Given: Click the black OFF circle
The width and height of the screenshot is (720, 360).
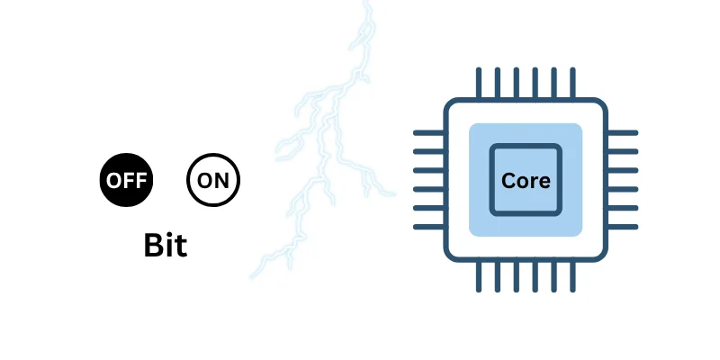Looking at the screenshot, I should click(x=126, y=180).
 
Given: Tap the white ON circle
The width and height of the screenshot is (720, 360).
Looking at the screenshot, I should click(x=213, y=180).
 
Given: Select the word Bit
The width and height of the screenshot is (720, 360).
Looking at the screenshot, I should click(x=166, y=246).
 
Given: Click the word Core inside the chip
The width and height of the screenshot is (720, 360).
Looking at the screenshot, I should click(x=526, y=180).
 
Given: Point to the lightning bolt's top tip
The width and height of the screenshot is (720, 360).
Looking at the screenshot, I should click(x=366, y=4).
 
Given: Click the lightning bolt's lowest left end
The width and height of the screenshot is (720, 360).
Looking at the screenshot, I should click(x=253, y=275).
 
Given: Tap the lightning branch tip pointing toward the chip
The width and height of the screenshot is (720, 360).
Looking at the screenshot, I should click(x=392, y=193).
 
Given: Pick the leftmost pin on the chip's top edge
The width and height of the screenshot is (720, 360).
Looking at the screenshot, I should click(x=477, y=82).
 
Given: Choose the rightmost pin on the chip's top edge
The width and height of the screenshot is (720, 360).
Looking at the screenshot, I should click(x=574, y=82).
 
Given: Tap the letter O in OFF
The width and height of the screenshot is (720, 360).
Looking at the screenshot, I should click(x=113, y=180).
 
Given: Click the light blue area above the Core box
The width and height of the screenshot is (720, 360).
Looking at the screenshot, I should click(x=526, y=133).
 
